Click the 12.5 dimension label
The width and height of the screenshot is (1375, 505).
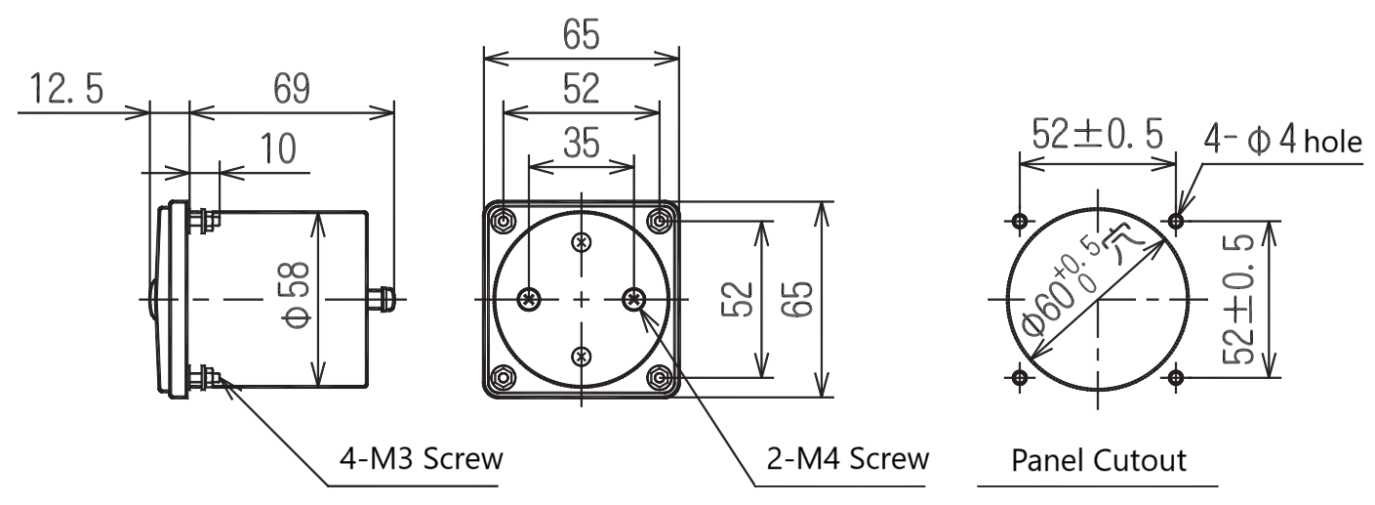pos(66,88)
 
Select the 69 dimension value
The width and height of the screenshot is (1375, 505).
pos(292,88)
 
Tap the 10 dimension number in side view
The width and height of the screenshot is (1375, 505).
pos(278,148)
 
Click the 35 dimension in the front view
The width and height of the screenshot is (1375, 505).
pos(582,143)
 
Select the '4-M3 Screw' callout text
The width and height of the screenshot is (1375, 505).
pos(422,459)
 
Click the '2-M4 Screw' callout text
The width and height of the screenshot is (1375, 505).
pos(848,459)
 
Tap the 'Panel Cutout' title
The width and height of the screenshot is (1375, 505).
pos(1099,460)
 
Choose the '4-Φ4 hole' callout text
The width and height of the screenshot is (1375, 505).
pos(1282,140)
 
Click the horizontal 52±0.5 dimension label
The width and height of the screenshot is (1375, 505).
pos(1098,134)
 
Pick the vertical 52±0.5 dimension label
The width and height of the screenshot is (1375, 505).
pos(1237,299)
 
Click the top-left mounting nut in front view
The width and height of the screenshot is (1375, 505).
pos(504,220)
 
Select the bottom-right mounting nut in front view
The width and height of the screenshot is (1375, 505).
pos(660,377)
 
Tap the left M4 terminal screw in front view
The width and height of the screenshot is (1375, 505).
pos(529,299)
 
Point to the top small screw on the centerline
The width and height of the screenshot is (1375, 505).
pos(582,242)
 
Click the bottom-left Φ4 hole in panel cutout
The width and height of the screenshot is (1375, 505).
pos(1020,377)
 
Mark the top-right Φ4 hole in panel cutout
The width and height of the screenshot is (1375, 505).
pos(1176,220)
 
